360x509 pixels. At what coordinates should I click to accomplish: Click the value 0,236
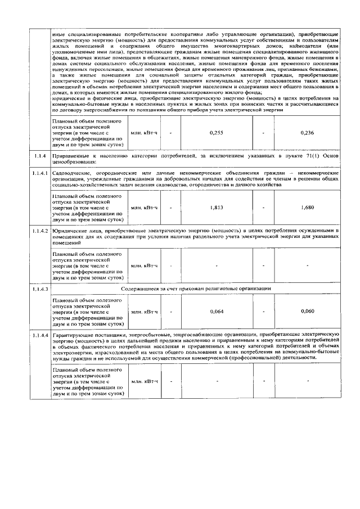pos(308,132)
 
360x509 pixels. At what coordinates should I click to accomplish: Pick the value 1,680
pos(308,208)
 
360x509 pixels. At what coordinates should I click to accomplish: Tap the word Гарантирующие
pos(71,336)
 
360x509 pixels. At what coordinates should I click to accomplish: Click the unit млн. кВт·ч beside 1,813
pos(145,208)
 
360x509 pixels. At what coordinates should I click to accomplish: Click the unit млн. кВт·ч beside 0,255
pos(145,132)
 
